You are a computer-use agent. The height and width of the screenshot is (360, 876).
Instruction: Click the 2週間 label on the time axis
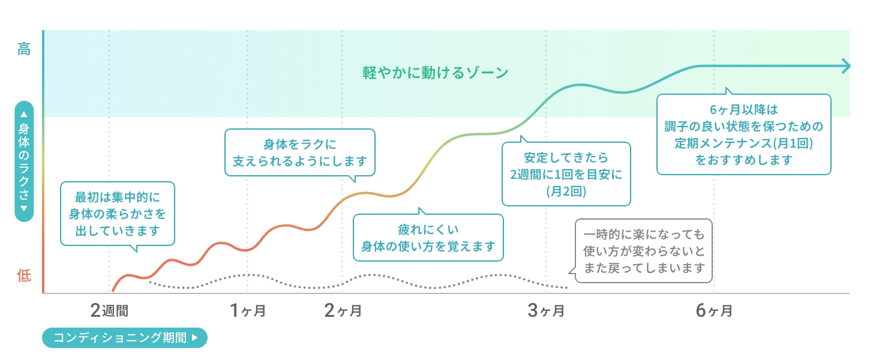[x=110, y=310]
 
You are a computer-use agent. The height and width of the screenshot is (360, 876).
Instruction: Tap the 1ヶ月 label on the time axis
[x=247, y=310]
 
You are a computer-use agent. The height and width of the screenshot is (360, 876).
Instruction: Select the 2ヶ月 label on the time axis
[x=343, y=310]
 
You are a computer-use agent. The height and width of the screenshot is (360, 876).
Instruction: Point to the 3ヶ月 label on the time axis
[x=546, y=310]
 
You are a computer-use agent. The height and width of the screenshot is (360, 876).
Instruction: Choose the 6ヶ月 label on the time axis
[x=714, y=310]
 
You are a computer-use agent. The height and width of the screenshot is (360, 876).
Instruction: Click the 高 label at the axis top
[x=23, y=49]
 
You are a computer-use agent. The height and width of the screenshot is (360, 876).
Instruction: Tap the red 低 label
[x=23, y=276]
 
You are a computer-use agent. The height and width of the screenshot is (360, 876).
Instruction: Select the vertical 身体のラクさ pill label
[x=24, y=161]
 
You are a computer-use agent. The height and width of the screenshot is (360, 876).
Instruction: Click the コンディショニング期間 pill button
[x=124, y=337]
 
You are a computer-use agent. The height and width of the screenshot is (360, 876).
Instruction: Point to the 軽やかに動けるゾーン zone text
[x=436, y=73]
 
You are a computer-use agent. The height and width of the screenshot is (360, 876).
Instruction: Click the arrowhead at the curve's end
[x=846, y=65]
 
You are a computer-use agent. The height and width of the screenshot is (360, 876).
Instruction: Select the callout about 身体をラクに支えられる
[x=300, y=152]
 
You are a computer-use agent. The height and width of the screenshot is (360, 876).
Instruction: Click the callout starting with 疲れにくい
[x=428, y=238]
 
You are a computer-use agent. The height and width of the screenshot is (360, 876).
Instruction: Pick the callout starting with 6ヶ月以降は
[x=743, y=134]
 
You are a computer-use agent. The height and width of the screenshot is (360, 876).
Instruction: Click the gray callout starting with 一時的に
[x=643, y=251]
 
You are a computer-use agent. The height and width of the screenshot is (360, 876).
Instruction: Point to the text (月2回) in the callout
[x=566, y=192]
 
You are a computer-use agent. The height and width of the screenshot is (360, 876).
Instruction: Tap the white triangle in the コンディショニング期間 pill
[x=194, y=337]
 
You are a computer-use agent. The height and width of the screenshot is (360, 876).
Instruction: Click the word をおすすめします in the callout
[x=743, y=160]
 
